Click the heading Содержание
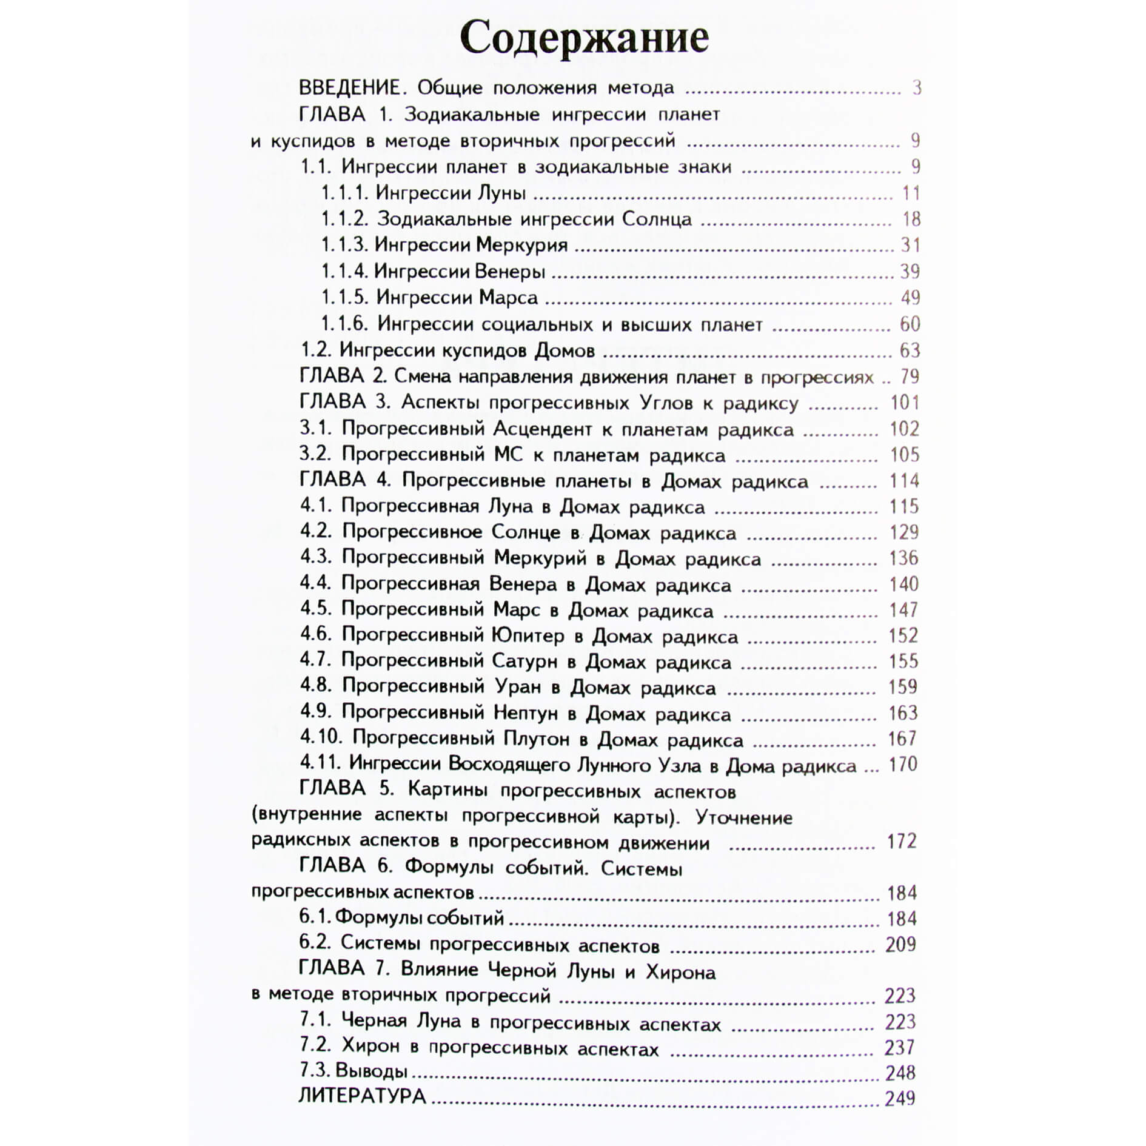point(584,38)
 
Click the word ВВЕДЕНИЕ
point(350,88)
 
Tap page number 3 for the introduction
point(916,88)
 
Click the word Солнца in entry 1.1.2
point(657,219)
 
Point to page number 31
point(910,245)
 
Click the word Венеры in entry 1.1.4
point(509,271)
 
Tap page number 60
point(910,324)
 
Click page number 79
point(910,377)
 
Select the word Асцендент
point(542,429)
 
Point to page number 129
point(903,532)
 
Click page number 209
point(900,944)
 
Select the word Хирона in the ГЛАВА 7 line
point(680,973)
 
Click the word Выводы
point(371,1071)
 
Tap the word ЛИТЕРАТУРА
point(362,1097)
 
